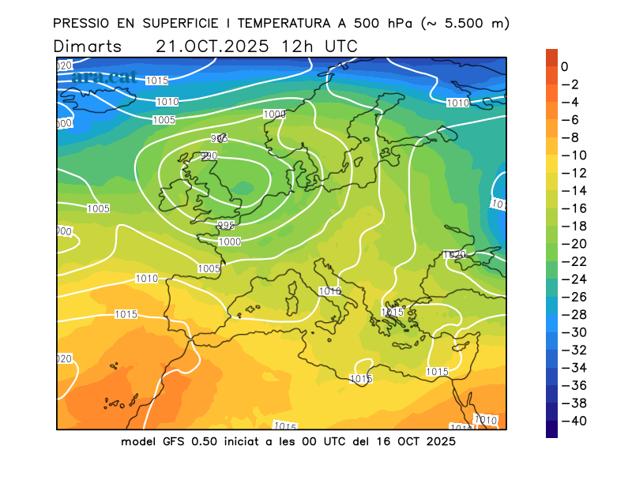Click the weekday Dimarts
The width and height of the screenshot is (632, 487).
pos(88,46)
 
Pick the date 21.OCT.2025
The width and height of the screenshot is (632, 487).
pos(213,46)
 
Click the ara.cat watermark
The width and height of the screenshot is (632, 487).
pos(103,77)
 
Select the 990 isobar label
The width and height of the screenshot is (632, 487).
pos(209,156)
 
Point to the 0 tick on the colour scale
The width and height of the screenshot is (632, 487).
pos(564,67)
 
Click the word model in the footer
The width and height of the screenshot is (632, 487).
pos(139,441)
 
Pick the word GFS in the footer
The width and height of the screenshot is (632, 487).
pos(178,441)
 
